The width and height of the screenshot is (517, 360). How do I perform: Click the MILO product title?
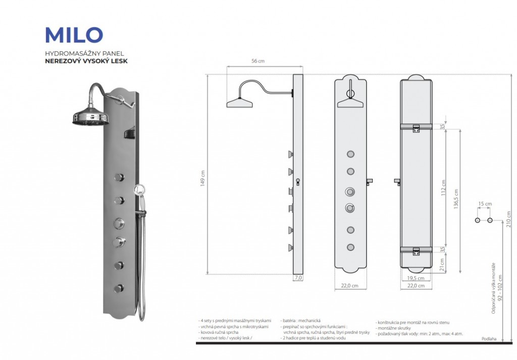coord(74,35)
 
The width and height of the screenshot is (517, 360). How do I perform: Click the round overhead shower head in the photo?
coord(91,116)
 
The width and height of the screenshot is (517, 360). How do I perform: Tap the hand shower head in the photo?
coord(138,190)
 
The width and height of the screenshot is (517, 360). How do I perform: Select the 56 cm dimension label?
coord(258,61)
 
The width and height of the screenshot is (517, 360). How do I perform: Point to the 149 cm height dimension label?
coord(202,178)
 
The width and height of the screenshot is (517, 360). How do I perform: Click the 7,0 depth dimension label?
coord(298,278)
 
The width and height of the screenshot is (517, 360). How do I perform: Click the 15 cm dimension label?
coord(485,204)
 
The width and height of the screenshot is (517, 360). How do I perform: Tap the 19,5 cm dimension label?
coord(416,279)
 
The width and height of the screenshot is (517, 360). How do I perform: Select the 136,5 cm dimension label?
coord(456,199)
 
